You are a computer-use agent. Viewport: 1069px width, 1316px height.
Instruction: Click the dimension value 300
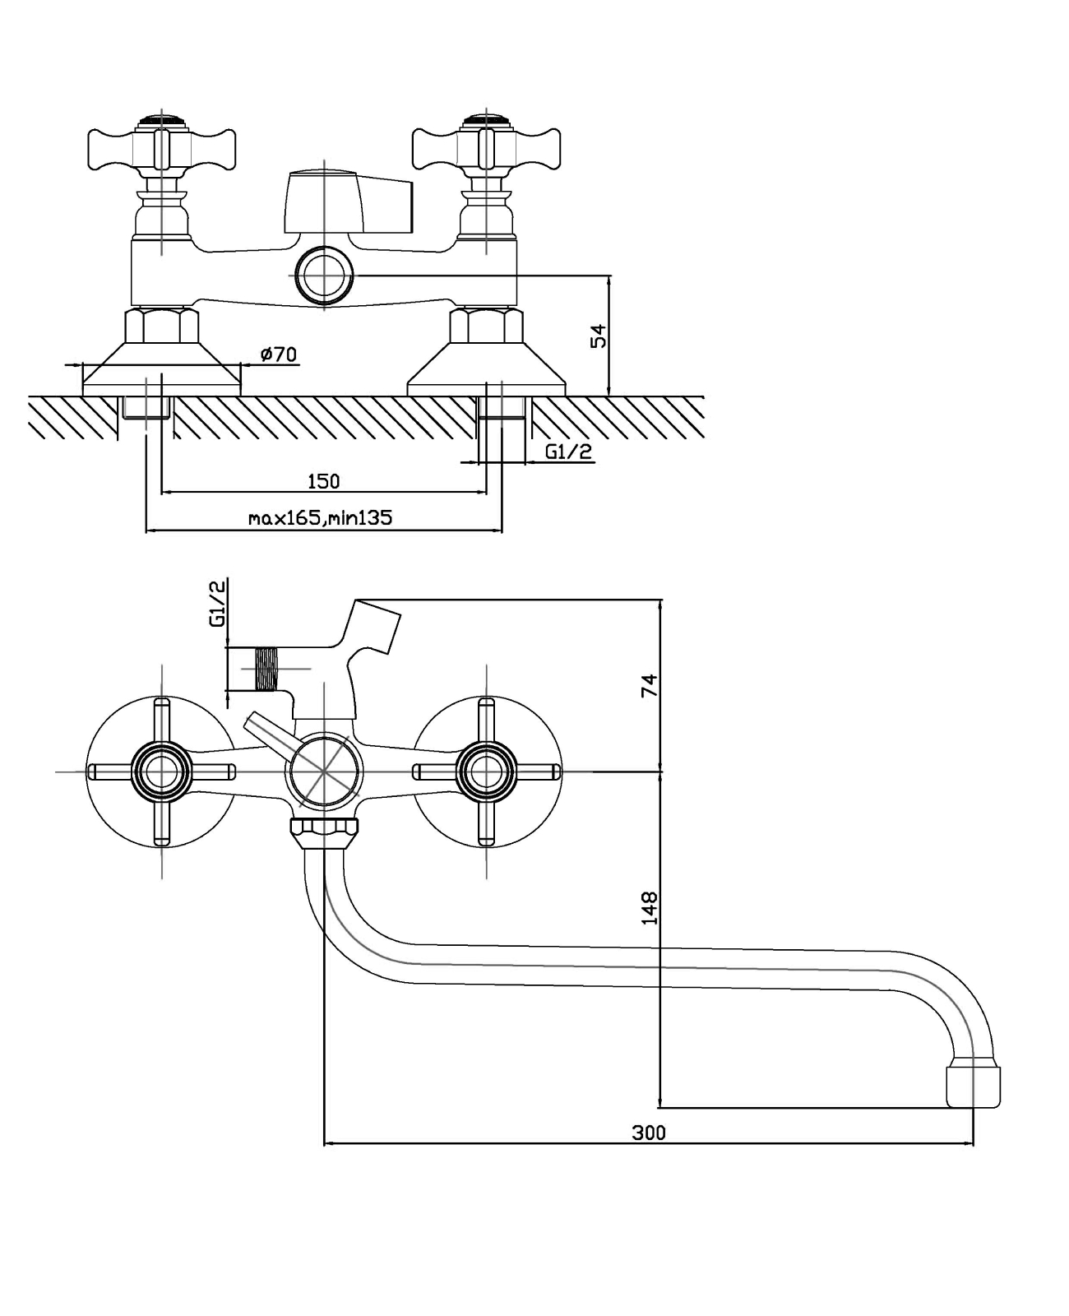tap(648, 1133)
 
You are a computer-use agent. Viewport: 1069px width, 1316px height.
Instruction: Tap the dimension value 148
tap(650, 907)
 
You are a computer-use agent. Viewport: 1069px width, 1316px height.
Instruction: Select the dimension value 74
tap(650, 685)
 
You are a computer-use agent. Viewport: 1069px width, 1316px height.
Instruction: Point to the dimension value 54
tap(599, 336)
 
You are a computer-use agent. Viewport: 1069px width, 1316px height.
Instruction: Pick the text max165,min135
tap(321, 518)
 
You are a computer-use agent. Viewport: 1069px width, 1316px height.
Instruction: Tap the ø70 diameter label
tap(279, 354)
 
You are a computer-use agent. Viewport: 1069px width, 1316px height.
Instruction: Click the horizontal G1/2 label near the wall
tap(568, 452)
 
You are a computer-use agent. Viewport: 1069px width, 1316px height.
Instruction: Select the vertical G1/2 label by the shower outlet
tap(218, 604)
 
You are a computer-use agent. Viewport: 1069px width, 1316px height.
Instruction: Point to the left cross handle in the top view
tap(162, 146)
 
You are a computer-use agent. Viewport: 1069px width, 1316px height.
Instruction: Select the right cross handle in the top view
tap(486, 146)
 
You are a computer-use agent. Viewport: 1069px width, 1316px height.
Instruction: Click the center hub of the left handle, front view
tap(162, 772)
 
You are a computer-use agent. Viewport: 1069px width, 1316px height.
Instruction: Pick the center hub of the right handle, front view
tap(486, 772)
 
